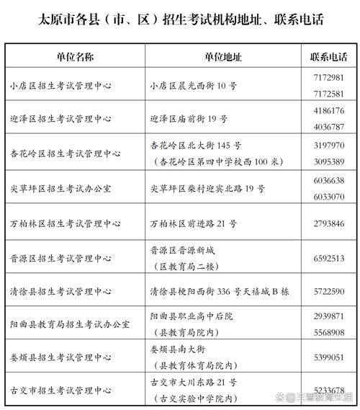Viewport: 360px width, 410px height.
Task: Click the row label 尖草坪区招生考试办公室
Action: click(66, 188)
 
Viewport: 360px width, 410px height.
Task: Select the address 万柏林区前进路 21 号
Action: click(194, 223)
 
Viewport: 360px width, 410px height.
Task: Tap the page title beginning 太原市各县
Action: click(180, 19)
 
